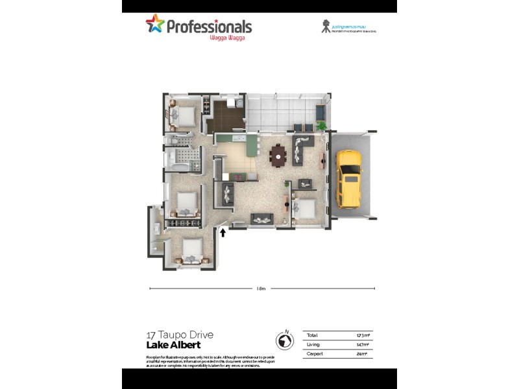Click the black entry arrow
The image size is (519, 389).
223,231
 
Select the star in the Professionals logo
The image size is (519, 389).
155,24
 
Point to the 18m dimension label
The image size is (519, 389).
261,289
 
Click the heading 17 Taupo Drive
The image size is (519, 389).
180,335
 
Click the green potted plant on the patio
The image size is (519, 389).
320,124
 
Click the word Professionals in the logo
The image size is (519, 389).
209,27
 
